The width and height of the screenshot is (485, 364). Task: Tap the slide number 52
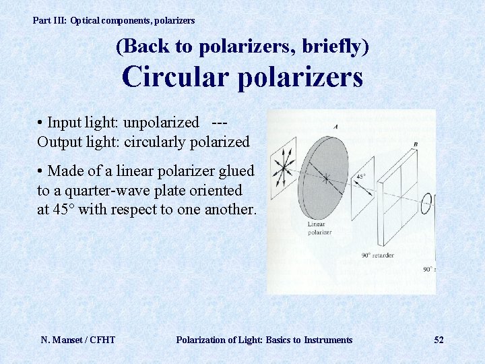439,340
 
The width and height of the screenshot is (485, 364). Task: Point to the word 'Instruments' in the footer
327,340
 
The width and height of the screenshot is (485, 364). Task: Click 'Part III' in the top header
49,21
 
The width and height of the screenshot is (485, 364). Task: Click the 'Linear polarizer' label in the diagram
319,228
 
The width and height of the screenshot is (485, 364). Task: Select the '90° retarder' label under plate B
377,255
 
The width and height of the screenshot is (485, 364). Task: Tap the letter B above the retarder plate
416,144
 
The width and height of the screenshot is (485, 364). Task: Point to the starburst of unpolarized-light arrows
283,166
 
